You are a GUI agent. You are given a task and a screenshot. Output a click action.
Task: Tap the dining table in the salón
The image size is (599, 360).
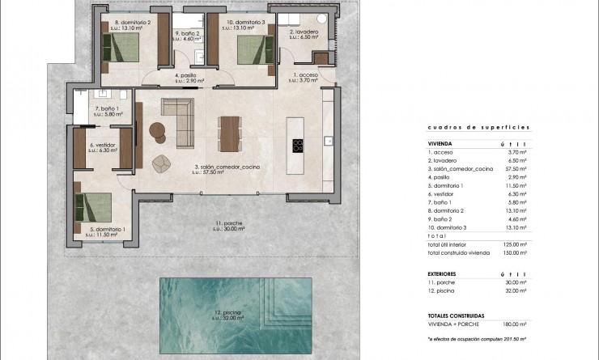230,133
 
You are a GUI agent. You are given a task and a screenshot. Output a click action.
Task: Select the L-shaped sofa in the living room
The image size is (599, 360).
179,121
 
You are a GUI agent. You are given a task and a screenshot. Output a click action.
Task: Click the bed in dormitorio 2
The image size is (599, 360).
124,48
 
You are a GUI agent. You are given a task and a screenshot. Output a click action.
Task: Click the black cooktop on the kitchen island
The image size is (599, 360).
298,146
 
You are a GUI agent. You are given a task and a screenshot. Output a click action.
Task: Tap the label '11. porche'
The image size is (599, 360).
229,222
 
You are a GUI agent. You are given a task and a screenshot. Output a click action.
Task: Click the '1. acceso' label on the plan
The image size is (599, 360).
305,74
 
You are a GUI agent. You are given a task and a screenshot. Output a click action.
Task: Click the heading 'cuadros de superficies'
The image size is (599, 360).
478,128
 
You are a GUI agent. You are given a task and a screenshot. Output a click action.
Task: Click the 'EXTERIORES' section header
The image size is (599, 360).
444,274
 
